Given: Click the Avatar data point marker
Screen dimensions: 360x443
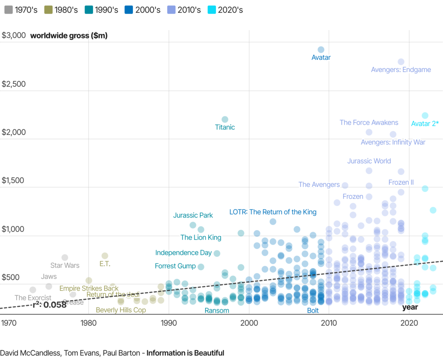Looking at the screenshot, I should click(x=321, y=49).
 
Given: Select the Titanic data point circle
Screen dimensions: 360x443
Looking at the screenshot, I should click(x=225, y=119).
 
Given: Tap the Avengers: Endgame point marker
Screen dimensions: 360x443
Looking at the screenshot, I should click(x=401, y=62).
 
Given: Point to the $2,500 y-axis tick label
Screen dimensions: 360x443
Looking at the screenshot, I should click(x=14, y=84).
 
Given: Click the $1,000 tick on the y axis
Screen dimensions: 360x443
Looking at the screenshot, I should click(x=14, y=229).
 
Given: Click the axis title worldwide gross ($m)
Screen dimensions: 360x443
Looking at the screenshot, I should click(x=69, y=36).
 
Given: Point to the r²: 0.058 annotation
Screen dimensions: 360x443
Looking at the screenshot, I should click(x=49, y=305).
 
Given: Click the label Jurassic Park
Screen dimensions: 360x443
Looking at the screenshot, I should click(x=193, y=215).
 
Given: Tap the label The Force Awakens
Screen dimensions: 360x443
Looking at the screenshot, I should click(x=369, y=123).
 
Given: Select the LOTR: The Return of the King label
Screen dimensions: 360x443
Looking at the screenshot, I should click(x=273, y=212).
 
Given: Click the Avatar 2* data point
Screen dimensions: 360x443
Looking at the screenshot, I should click(x=425, y=116).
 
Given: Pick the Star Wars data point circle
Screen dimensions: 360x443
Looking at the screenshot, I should click(x=65, y=257).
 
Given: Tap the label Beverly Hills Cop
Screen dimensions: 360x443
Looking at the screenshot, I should click(x=121, y=310).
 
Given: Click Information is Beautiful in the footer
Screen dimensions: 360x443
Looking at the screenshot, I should click(x=185, y=353).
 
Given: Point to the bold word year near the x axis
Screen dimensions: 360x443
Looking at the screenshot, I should click(x=410, y=307).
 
